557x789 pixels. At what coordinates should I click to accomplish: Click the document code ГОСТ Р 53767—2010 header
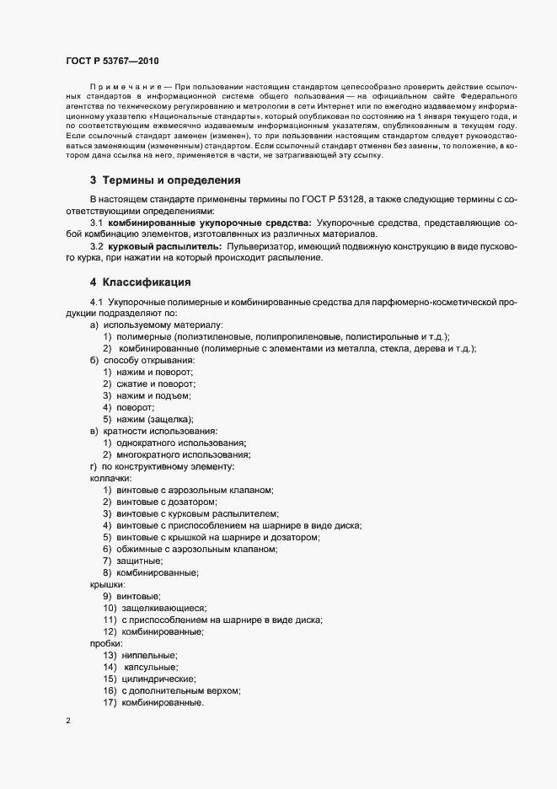111,62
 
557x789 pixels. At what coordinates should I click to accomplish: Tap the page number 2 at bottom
68,721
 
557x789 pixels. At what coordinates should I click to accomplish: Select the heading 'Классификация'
146,282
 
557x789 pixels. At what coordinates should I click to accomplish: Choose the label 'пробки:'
106,643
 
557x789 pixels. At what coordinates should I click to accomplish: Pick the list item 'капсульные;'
151,667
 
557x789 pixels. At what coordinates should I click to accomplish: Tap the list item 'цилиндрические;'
158,679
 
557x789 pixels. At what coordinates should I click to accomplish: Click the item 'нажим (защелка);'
156,419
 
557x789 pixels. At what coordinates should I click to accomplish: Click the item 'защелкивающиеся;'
163,608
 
